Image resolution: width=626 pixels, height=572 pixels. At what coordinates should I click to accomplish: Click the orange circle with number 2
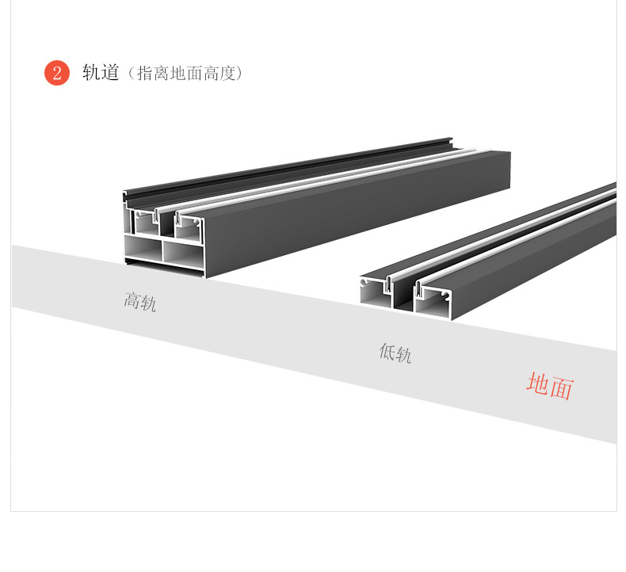[x=56, y=73]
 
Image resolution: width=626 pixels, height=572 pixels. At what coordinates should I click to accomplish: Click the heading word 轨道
[x=101, y=73]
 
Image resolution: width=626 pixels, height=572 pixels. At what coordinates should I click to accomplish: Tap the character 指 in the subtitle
[x=146, y=74]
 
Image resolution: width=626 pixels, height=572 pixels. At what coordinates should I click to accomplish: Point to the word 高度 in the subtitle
[x=219, y=74]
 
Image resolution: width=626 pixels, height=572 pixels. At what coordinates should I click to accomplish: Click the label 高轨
[x=140, y=301]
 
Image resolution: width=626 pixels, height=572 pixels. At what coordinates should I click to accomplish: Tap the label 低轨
[x=395, y=353]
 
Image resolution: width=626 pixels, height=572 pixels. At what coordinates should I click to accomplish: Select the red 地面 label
[x=549, y=386]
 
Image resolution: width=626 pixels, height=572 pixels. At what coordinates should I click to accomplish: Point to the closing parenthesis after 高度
[x=239, y=74]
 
